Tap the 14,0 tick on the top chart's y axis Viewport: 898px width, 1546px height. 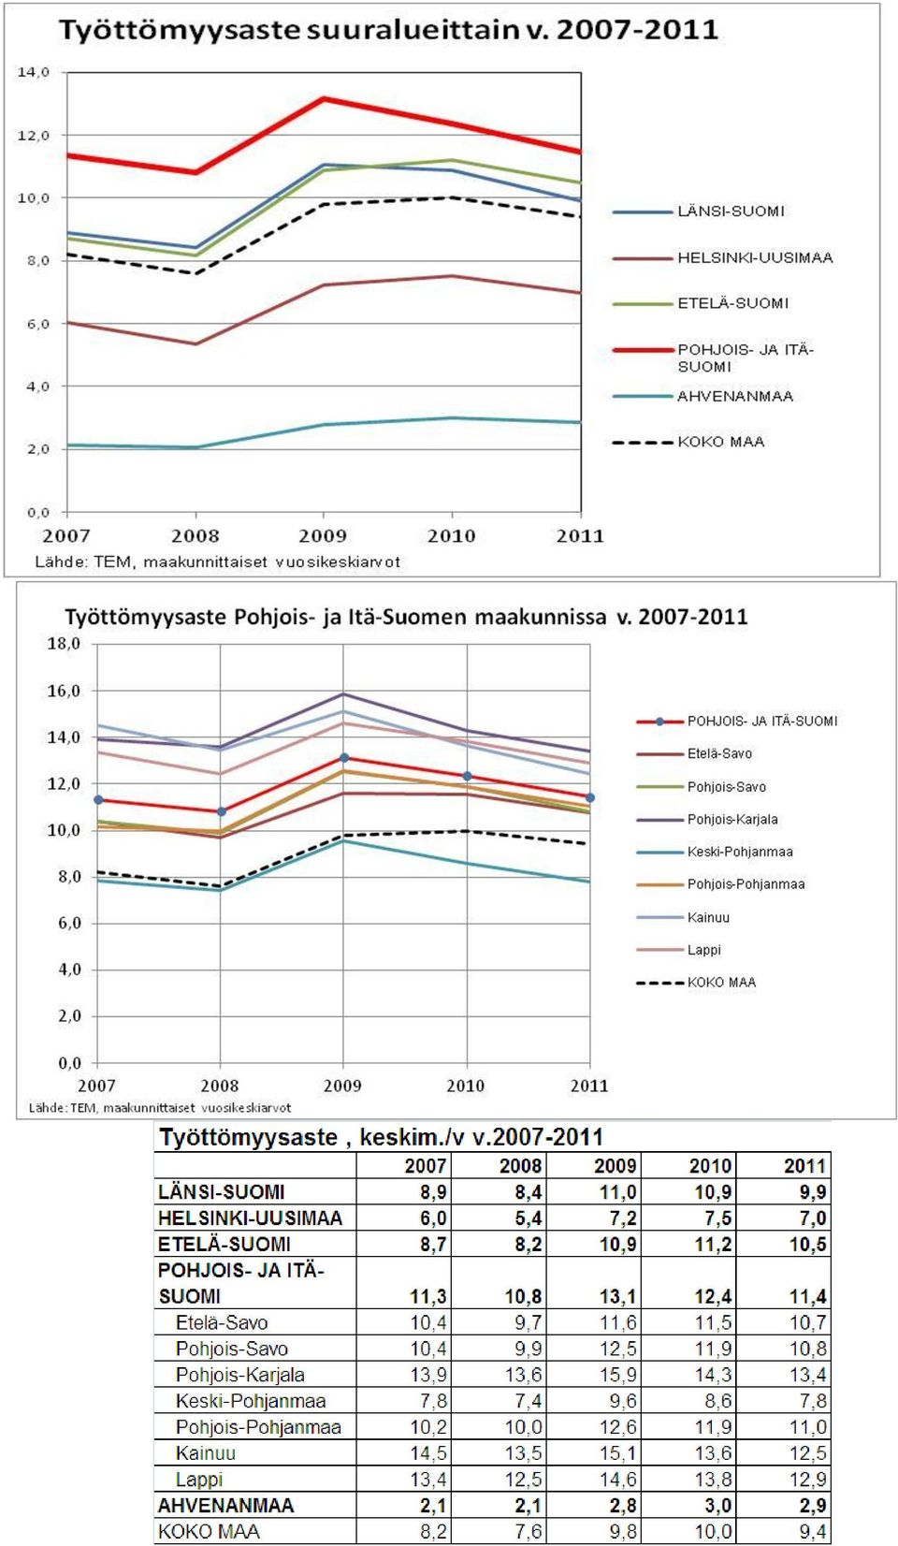33,72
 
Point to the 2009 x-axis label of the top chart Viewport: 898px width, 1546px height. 323,535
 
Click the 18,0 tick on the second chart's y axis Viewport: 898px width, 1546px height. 64,644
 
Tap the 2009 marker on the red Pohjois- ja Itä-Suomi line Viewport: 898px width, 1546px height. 344,758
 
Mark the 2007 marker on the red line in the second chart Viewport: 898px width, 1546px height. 98,799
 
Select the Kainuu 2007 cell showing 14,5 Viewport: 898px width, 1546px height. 428,1452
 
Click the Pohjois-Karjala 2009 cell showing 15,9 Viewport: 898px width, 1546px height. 618,1374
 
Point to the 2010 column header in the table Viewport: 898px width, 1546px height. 710,1166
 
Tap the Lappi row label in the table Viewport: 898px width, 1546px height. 199,1479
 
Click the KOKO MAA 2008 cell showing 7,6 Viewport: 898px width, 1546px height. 529,1532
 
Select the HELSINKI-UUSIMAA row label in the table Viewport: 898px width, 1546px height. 251,1218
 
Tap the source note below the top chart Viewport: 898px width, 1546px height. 217,562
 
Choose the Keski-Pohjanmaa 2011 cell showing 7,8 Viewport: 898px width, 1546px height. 813,1400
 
